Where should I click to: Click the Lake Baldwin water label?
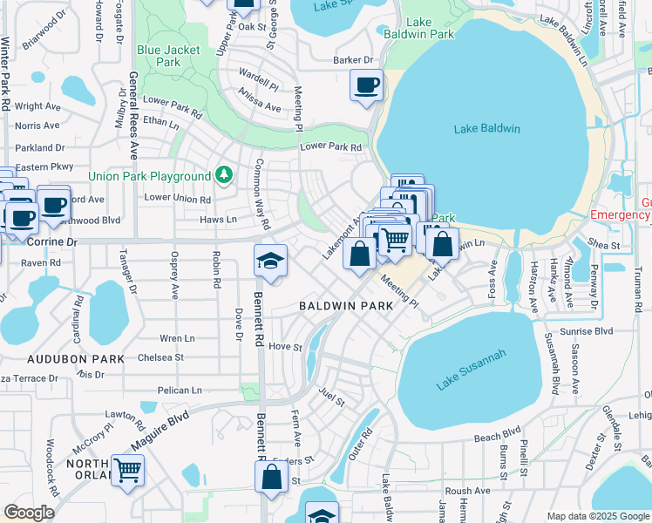tap(486, 129)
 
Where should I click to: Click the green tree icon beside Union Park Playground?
tap(224, 176)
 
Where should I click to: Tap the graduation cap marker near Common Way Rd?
tap(271, 261)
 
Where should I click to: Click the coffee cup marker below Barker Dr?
tap(366, 85)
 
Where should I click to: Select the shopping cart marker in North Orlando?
tap(127, 471)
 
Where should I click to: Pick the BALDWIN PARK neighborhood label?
tap(347, 306)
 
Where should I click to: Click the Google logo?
tap(29, 513)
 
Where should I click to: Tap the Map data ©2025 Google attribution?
tap(597, 516)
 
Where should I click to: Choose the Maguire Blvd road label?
tap(160, 432)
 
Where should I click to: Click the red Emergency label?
tap(620, 214)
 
